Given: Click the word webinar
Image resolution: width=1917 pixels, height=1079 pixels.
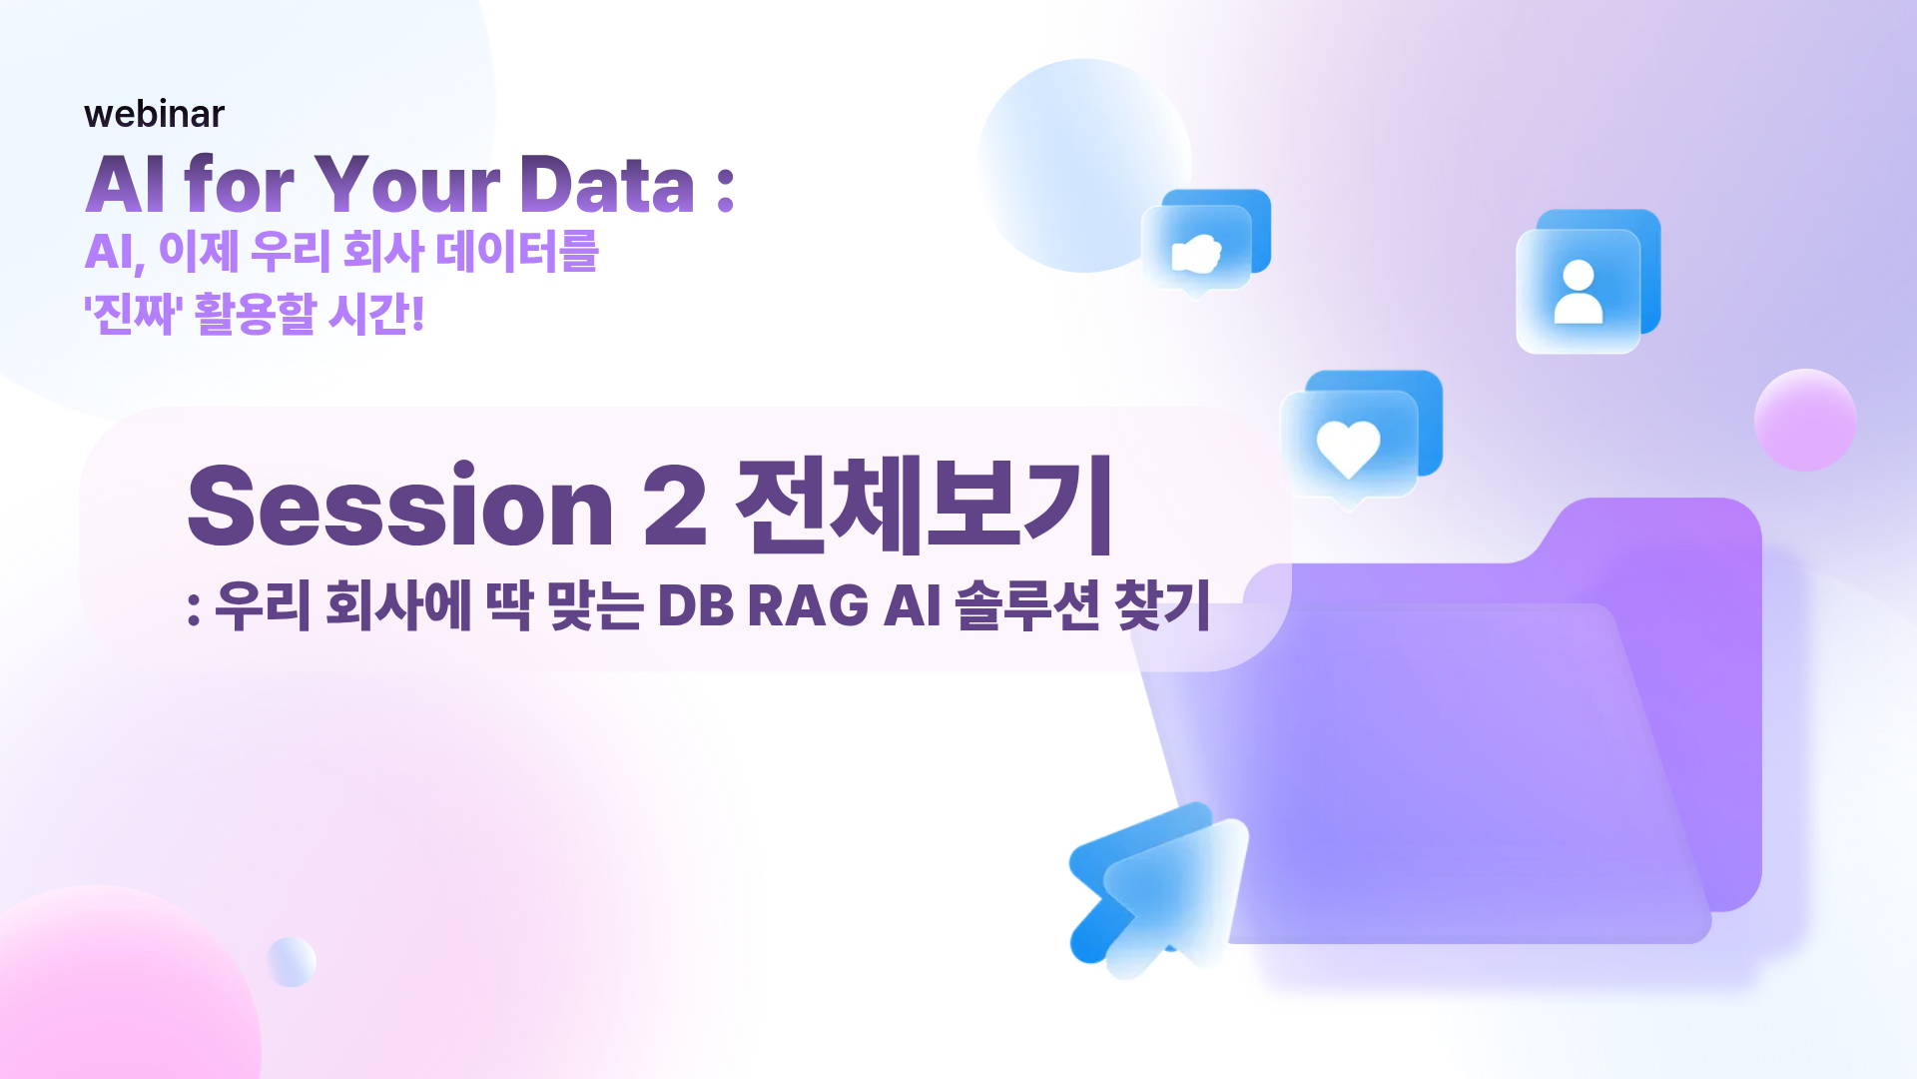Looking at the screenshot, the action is click(155, 114).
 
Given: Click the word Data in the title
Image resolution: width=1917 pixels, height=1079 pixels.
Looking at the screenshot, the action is click(607, 185).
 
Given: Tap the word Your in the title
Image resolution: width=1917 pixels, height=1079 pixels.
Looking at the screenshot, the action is click(407, 185).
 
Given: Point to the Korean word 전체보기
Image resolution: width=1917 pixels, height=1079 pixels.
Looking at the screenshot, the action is click(924, 505).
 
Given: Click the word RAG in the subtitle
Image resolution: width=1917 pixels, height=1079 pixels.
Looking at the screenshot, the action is click(808, 605).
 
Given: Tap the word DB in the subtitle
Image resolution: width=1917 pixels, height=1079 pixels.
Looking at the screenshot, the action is click(696, 605).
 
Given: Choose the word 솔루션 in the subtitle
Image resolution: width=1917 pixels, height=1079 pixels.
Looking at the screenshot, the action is click(1027, 605).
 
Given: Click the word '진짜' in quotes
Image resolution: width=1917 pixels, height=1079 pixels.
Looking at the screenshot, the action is click(131, 314).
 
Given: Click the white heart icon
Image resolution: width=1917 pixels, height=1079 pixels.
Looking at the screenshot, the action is click(1348, 447).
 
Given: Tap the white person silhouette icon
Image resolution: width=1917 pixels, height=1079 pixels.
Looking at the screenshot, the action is click(1579, 292).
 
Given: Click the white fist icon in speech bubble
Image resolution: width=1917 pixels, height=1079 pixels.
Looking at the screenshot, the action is click(1196, 254).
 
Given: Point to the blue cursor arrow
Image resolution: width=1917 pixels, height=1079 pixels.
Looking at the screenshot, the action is click(1158, 889).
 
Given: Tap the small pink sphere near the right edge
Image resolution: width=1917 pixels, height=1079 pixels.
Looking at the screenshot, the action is click(1805, 420).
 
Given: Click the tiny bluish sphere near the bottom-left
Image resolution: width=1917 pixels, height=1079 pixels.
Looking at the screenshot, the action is click(292, 962).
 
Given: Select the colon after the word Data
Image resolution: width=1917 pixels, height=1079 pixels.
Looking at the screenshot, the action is click(726, 189).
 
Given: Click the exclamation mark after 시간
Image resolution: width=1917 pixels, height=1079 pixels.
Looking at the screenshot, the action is click(417, 314).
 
